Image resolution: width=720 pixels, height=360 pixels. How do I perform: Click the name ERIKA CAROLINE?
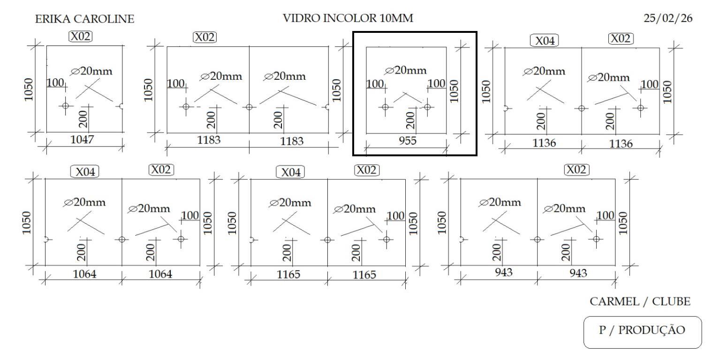pyautogui.click(x=84, y=19)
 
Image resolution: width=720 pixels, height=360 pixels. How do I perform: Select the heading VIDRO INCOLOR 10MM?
pyautogui.click(x=348, y=19)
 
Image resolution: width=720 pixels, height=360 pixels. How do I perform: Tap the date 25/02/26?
pyautogui.click(x=668, y=19)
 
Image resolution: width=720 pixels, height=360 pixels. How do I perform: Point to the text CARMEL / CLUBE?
pyautogui.click(x=640, y=302)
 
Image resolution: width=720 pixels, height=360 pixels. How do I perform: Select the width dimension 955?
pyautogui.click(x=407, y=141)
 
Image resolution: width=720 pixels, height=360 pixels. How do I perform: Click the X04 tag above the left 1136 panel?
pyautogui.click(x=545, y=41)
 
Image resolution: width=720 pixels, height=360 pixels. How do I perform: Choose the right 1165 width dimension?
pyautogui.click(x=364, y=275)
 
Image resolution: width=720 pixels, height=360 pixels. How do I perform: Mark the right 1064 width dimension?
pyautogui.click(x=160, y=274)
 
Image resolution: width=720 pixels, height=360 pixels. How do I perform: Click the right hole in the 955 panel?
pyautogui.click(x=427, y=107)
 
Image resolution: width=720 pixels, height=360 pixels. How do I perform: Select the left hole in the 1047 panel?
pyautogui.click(x=65, y=106)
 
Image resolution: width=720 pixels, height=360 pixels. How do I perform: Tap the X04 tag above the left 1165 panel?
pyautogui.click(x=290, y=172)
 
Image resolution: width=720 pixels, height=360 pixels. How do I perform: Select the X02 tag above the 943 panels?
pyautogui.click(x=576, y=169)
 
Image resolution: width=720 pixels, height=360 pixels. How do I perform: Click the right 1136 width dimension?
pyautogui.click(x=621, y=144)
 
